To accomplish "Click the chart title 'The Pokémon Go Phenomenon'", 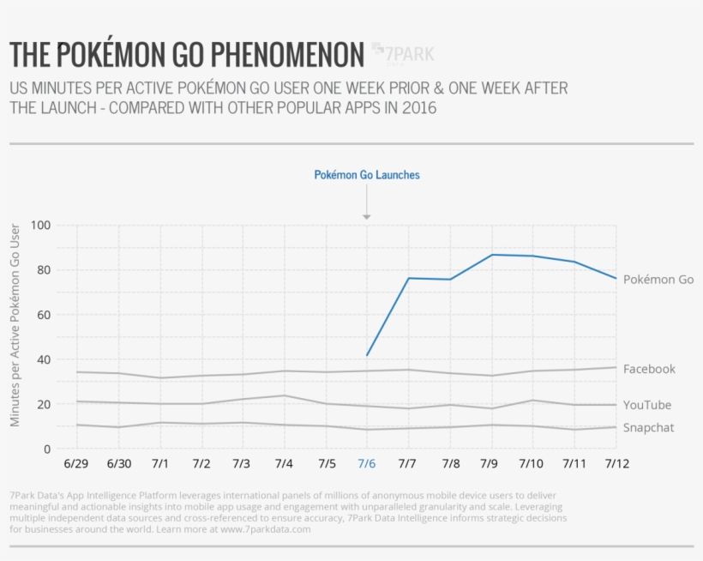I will tap(187, 55).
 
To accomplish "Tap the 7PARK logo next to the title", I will tap(403, 54).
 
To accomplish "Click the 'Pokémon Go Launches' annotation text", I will tap(367, 175).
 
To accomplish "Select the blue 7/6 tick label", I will tap(366, 464).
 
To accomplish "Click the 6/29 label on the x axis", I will tap(77, 464).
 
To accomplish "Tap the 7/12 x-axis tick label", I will tap(616, 464).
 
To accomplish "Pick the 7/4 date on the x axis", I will tap(284, 464).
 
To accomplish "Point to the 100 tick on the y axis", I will tap(40, 226).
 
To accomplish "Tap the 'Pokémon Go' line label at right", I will tap(658, 280).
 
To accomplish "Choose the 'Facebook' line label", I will tap(649, 369).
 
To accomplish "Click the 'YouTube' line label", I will tap(647, 405).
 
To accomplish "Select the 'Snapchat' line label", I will tap(648, 428).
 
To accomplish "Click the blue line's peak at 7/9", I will tap(492, 255).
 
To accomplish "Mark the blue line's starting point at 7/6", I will tap(367, 355).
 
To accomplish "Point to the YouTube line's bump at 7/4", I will tap(284, 395).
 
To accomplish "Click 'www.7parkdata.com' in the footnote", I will tap(267, 529).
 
